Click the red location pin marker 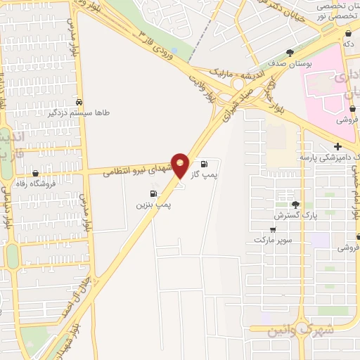[x=181, y=163]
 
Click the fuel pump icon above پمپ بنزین [x=153, y=193]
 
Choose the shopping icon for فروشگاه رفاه [x=35, y=174]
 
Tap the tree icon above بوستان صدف [x=290, y=53]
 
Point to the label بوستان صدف [x=290, y=64]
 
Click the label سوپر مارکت [x=274, y=240]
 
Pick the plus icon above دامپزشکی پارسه [x=337, y=146]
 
